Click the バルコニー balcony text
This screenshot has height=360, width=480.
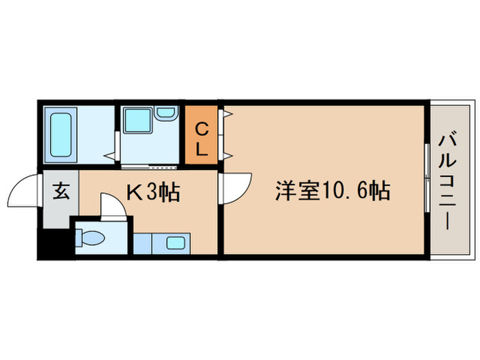(445, 182)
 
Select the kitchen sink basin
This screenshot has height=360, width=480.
(174, 242)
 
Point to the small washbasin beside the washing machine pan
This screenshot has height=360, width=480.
(165, 113)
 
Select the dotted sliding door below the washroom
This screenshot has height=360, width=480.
(151, 167)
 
